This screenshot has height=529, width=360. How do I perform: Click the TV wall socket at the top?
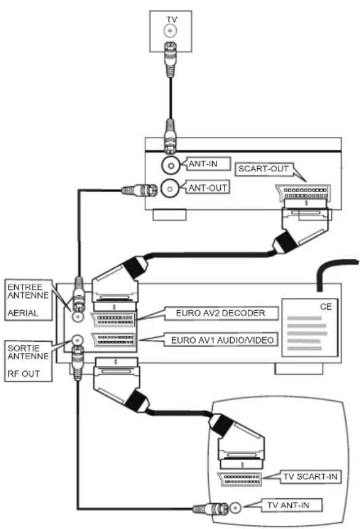click(x=170, y=31)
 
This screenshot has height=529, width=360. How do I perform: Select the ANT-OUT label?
click(x=208, y=188)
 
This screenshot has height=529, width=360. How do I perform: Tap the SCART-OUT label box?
click(x=263, y=169)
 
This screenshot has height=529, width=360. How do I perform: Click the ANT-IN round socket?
click(x=170, y=165)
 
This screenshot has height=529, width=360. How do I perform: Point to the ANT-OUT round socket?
click(x=169, y=188)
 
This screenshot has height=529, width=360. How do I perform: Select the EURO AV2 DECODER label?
click(x=221, y=313)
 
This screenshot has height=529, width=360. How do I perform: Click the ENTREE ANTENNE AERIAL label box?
click(x=28, y=299)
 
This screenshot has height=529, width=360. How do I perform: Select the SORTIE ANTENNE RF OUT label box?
click(x=28, y=361)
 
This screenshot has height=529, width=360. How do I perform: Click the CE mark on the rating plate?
click(x=326, y=307)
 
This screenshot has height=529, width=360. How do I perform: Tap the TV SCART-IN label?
click(x=311, y=477)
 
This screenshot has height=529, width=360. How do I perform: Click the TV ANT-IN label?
click(x=291, y=505)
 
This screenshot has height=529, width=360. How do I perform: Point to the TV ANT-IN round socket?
click(x=236, y=508)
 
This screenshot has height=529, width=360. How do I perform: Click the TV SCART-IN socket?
click(x=239, y=479)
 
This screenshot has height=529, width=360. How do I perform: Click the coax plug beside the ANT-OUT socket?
click(x=139, y=190)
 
